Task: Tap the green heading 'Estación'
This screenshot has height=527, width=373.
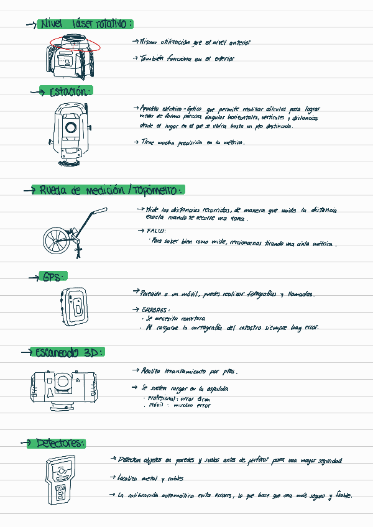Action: pos(70,91)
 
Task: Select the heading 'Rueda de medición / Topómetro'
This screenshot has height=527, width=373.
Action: pos(112,190)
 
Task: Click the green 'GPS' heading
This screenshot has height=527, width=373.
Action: pos(52,277)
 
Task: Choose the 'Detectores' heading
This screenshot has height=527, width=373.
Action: pos(60,443)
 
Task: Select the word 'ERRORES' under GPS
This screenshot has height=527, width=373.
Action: pos(155,309)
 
